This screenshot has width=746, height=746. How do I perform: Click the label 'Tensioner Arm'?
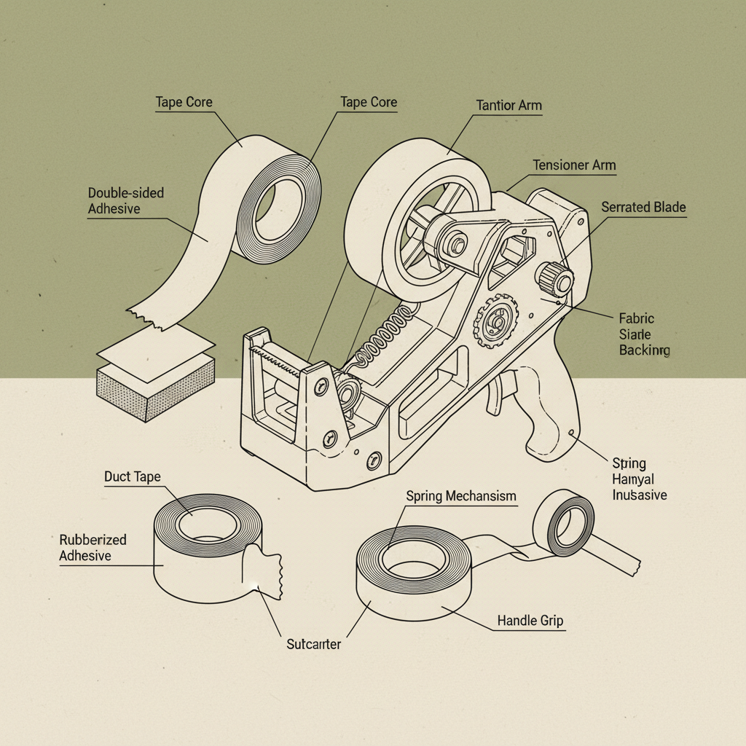point(574,165)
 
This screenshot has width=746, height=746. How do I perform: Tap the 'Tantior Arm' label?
point(509,106)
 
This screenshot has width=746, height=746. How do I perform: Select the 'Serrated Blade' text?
point(643,208)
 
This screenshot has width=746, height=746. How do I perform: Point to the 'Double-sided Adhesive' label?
point(125,201)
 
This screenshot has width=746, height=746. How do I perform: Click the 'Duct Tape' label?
point(132,477)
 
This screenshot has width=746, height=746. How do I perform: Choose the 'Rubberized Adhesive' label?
point(93,548)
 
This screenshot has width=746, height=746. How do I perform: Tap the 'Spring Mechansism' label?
point(460,496)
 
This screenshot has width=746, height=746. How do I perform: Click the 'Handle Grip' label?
point(530,621)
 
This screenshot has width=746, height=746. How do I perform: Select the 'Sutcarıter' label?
point(314,644)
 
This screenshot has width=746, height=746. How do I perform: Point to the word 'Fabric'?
point(636,318)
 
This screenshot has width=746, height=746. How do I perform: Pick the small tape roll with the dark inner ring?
point(563,523)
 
